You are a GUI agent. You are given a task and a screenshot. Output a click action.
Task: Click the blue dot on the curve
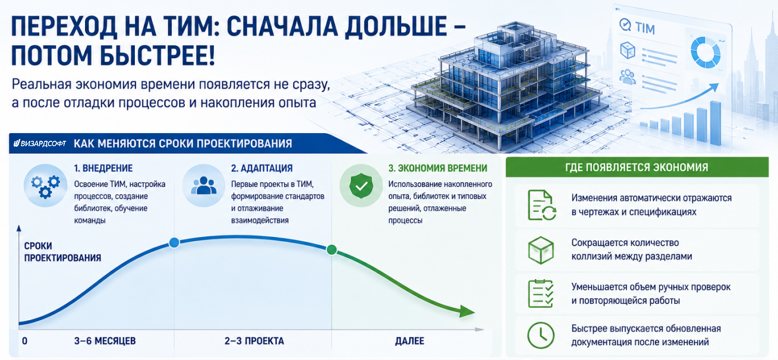click(x=174, y=242)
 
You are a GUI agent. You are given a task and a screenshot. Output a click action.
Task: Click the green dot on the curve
click(x=332, y=250)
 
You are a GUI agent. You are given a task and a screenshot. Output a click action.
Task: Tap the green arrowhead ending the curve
click(x=467, y=311)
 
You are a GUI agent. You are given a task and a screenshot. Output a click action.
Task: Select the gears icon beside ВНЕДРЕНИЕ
click(x=46, y=186)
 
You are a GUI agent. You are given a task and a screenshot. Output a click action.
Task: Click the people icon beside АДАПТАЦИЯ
click(x=203, y=186)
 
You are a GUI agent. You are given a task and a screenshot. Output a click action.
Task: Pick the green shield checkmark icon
click(x=361, y=186)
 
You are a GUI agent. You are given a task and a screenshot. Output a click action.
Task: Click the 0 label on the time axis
click(x=24, y=341)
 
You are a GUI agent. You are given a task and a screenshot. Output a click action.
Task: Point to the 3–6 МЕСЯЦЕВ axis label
click(x=105, y=341)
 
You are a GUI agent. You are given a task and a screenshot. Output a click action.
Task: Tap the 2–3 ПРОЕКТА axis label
click(x=254, y=341)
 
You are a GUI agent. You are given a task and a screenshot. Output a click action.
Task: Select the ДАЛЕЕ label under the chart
click(x=410, y=341)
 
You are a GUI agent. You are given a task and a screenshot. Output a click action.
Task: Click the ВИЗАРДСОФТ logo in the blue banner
click(x=40, y=143)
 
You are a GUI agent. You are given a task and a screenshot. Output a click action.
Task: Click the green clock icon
click(x=541, y=336)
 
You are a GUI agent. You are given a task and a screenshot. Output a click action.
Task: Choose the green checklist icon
click(x=541, y=293)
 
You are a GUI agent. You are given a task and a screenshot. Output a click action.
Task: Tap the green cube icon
click(x=541, y=250)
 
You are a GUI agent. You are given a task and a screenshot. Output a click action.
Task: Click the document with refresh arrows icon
click(x=542, y=205)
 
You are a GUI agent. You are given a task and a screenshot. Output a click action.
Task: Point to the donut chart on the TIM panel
click(x=705, y=53)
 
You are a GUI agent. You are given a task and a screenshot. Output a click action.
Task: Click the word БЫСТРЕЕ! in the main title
click(x=158, y=56)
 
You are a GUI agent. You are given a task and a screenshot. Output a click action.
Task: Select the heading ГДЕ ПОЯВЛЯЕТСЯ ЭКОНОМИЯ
click(x=637, y=168)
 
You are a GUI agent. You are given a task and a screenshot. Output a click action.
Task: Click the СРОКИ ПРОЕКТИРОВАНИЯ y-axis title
click(x=62, y=252)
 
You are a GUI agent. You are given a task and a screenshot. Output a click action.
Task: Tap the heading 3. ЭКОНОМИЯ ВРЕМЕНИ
click(x=437, y=168)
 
